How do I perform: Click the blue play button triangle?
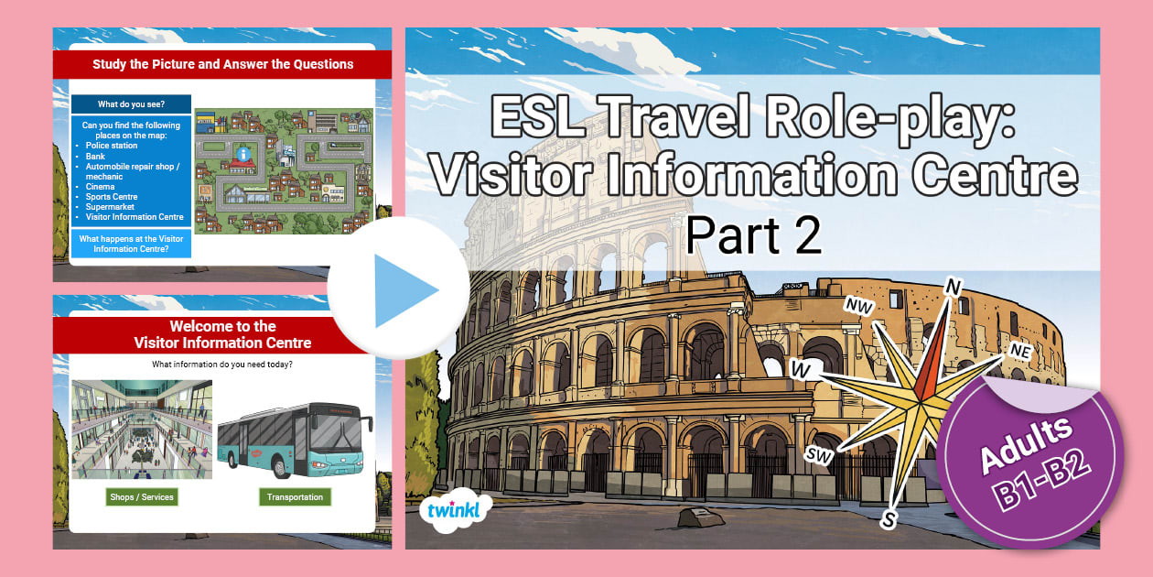click(403, 288)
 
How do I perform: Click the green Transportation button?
click(295, 497)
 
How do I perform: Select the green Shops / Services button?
click(140, 497)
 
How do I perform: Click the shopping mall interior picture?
click(142, 429)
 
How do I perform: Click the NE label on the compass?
click(1022, 350)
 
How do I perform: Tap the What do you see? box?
click(131, 104)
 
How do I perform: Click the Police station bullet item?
click(112, 146)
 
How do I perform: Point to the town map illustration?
click(284, 171)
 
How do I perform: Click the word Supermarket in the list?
click(111, 207)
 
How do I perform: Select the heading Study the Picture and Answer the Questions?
click(222, 64)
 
